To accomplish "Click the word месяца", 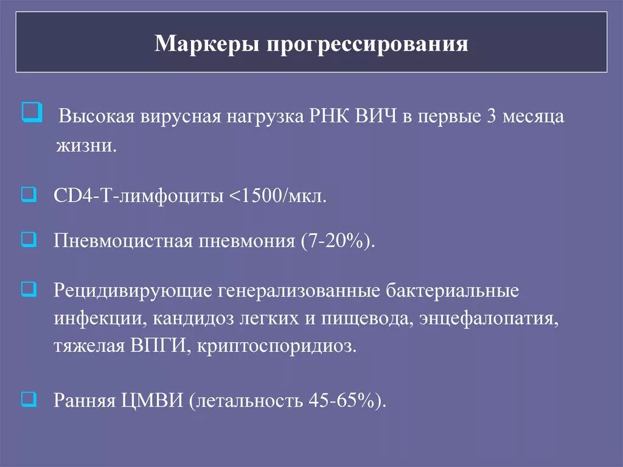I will (532, 117).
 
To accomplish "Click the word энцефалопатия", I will (489, 318).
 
